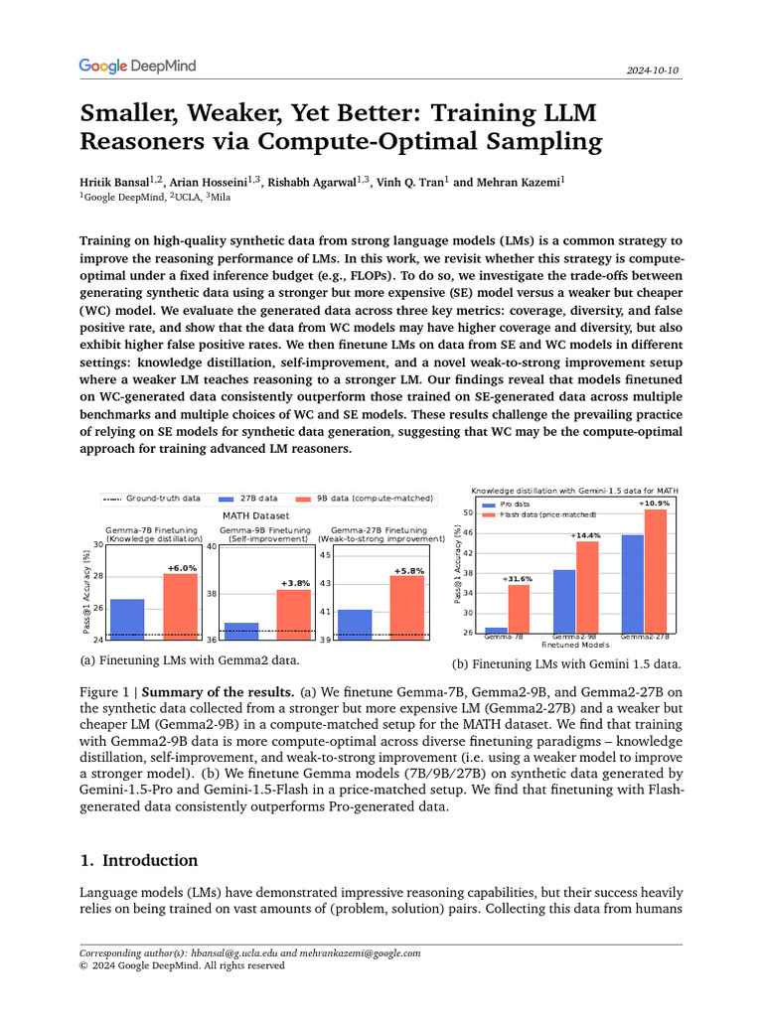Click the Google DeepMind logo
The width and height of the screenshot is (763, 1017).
tap(137, 67)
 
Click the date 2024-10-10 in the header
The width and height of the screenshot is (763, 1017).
tap(654, 72)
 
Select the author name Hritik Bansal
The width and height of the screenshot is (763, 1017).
tap(114, 182)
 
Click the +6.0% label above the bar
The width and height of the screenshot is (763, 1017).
tap(181, 567)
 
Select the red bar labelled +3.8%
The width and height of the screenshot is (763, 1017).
tap(294, 611)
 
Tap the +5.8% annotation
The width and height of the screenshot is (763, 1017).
tap(408, 570)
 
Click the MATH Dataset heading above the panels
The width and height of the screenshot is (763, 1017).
tap(255, 515)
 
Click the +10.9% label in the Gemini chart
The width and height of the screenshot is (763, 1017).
tap(654, 504)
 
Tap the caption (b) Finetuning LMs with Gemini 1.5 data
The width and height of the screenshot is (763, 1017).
tap(566, 663)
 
